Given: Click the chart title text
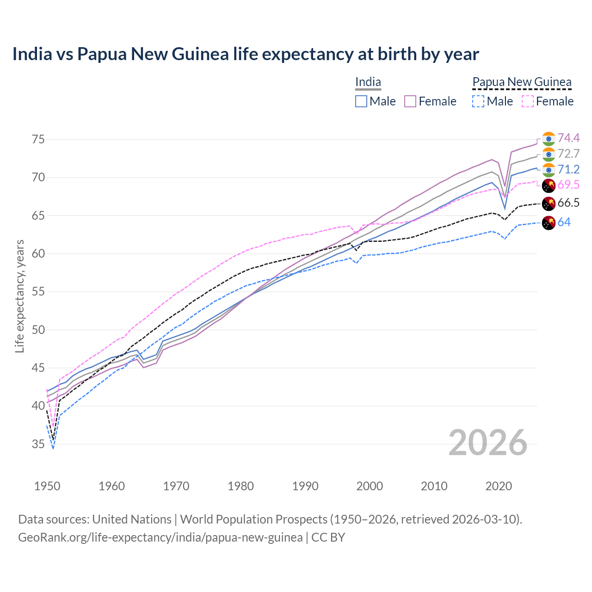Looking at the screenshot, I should tap(246, 54).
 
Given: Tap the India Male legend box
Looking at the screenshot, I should tap(361, 101).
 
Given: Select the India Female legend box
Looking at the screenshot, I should tap(410, 101).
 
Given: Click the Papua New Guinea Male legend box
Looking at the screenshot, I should tap(478, 101).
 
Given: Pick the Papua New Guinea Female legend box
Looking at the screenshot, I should tap(528, 101).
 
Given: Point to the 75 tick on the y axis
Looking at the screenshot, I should tap(38, 139).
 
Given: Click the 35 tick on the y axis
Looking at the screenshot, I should tap(38, 444).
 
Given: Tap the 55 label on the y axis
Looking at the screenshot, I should tap(38, 292).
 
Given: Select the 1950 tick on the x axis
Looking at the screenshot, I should tap(47, 486).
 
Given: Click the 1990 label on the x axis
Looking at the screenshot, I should tap(305, 486).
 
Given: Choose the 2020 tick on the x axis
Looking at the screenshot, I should tap(499, 486).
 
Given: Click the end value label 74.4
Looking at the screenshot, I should tap(568, 138).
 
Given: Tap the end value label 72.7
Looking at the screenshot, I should tap(568, 154).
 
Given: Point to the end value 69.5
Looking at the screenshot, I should tap(568, 185).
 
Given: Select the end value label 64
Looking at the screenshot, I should tap(564, 222).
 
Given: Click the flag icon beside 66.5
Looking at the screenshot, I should tap(549, 203).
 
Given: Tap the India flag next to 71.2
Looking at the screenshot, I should tap(549, 170).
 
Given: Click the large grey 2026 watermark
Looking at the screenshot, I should tap(488, 443).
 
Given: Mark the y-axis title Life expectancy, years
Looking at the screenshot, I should tap(20, 296).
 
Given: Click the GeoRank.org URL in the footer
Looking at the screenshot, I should tap(160, 537).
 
